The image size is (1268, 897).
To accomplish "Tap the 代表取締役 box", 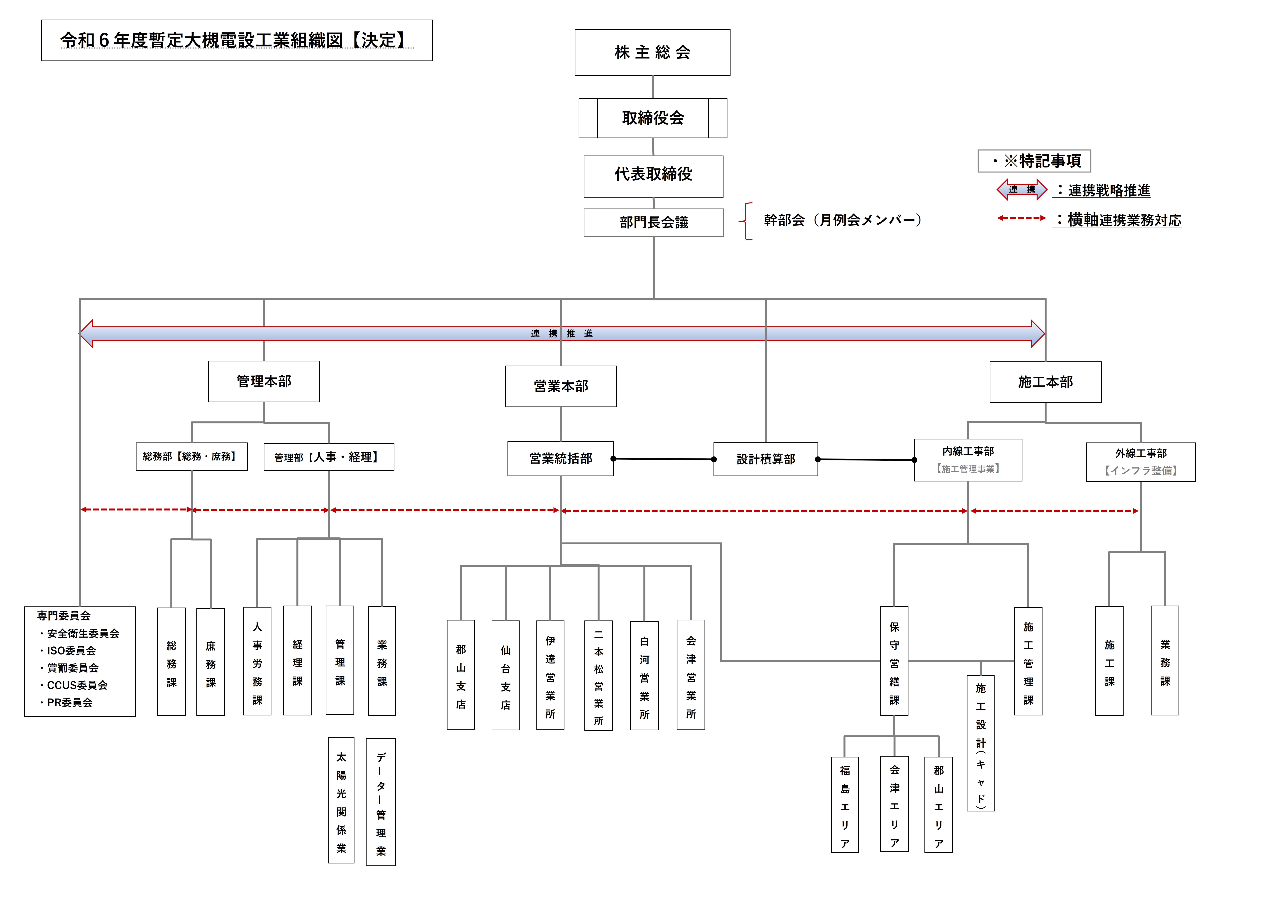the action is point(653,176).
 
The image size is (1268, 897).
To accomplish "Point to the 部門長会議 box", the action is point(654,222).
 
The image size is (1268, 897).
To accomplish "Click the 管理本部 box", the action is point(264,381).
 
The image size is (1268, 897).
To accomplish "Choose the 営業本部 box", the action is point(561,386).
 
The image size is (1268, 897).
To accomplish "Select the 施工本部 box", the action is point(1045,382).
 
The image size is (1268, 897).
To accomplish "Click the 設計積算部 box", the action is point(765,459).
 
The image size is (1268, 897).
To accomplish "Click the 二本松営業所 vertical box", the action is point(599,675).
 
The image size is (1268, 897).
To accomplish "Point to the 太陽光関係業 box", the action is point(341,800).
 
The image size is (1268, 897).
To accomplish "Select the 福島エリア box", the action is point(845,805).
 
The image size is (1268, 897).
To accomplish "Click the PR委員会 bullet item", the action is point(66,702).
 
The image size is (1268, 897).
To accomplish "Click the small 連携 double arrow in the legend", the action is point(1022,190).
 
